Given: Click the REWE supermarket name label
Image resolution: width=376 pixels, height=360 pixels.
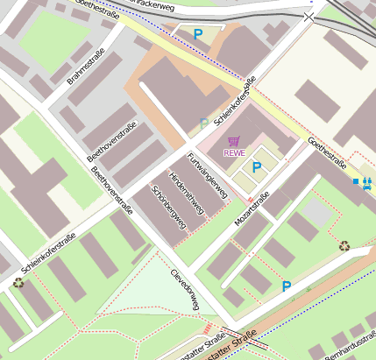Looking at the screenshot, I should click(x=234, y=153).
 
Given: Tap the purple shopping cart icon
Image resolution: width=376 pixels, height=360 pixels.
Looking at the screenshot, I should click(x=233, y=141).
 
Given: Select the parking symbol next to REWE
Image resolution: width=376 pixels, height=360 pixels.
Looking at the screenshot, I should click(x=257, y=166).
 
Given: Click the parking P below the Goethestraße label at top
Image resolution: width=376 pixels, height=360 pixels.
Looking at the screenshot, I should click(x=198, y=34).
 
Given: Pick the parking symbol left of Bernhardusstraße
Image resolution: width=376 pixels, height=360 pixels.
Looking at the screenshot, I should click(x=287, y=286).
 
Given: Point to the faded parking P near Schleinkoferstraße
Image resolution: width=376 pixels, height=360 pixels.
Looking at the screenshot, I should click(x=204, y=124).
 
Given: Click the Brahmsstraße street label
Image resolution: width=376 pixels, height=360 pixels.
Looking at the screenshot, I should click(x=86, y=67).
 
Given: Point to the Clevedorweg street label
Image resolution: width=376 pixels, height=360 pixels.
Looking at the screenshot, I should click(x=186, y=289).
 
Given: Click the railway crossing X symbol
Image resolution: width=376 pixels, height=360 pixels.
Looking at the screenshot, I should click(x=308, y=17).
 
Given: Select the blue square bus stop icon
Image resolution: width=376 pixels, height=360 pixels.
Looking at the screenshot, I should click(x=355, y=181).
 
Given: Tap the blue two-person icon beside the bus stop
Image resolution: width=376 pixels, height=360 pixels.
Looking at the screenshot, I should click(x=367, y=182).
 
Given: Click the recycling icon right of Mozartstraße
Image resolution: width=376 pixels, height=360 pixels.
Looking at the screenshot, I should click(x=344, y=246).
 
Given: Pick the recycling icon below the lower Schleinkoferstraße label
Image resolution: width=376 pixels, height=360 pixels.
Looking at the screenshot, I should click(x=18, y=282).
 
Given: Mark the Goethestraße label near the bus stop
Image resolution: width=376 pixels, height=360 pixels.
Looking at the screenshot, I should click(x=327, y=154).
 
